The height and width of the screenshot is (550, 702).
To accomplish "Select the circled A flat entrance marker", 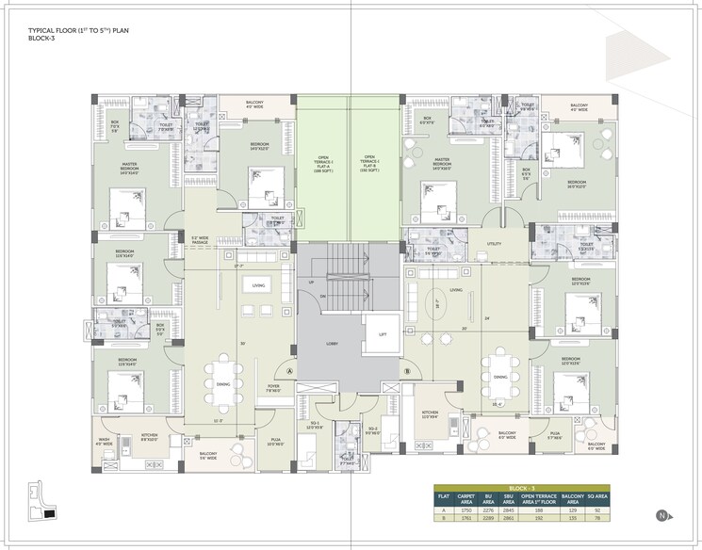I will [290, 371].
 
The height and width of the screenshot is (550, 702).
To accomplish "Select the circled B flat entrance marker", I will [407, 371].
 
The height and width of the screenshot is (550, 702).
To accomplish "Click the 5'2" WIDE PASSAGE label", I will [199, 239].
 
